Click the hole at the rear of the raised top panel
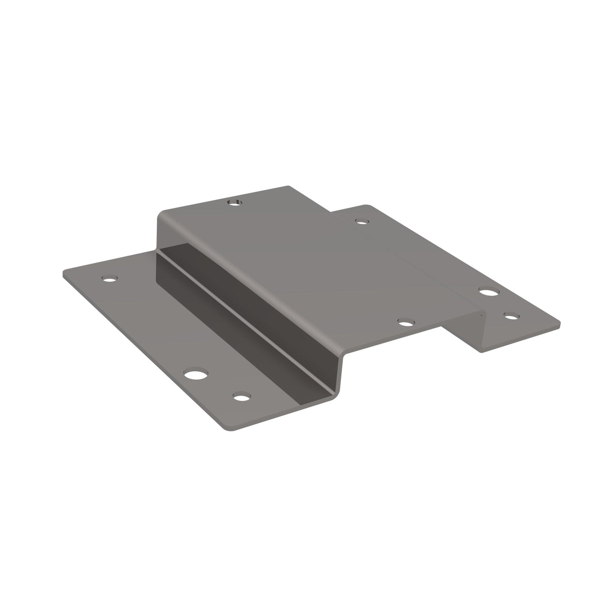coord(233,203)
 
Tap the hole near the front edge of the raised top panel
coord(405,322)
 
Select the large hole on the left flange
coord(195,375)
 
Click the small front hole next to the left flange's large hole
coord(243,396)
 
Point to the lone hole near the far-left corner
coord(109,279)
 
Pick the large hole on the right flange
coord(489,292)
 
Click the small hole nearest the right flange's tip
coord(511,316)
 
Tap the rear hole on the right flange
coord(361,221)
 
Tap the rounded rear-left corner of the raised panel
coord(161,215)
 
